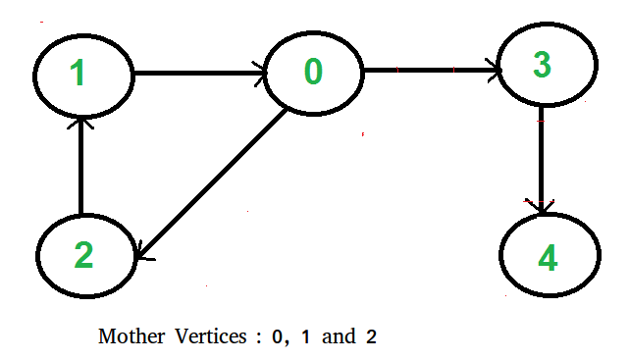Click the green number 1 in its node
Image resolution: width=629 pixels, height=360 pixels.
tap(80, 75)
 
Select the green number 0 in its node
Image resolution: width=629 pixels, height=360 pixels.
tap(312, 71)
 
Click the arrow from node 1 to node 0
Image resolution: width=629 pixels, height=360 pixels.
tap(196, 72)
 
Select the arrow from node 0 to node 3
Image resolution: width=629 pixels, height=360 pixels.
tap(432, 70)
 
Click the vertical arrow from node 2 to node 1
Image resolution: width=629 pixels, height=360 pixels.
tap(82, 162)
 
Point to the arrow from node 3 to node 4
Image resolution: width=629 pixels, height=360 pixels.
tap(541, 162)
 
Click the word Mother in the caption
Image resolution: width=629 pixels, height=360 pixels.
tap(128, 336)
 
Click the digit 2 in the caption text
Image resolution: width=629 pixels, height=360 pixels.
tap(371, 336)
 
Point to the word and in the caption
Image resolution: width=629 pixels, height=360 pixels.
tap(338, 336)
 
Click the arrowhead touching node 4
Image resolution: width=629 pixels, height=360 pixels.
tap(541, 205)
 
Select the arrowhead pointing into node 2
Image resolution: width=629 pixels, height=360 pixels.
tap(144, 254)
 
